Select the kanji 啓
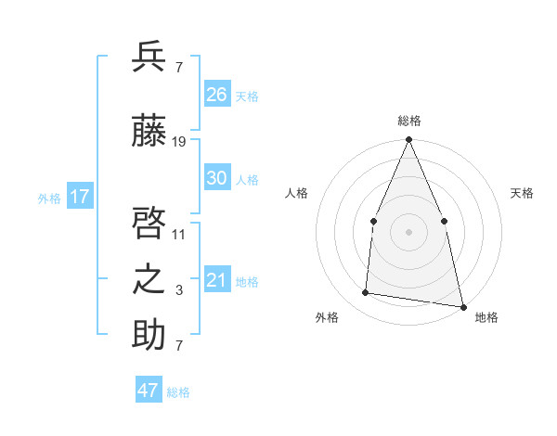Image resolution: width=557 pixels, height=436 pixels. point(149,224)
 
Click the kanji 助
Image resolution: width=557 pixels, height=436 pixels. point(149,335)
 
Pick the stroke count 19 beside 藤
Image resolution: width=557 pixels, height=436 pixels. point(179,142)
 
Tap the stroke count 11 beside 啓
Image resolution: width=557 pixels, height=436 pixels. point(179,235)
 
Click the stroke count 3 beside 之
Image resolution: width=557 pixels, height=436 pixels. point(179,290)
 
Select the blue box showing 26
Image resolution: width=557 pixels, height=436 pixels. point(217,94)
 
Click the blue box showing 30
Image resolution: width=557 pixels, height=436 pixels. point(217,178)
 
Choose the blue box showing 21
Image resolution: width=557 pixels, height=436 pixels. point(217,280)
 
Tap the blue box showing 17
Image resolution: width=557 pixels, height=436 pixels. point(80,197)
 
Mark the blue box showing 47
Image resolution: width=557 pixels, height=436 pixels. point(149,391)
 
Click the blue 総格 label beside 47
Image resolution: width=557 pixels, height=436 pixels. point(178,392)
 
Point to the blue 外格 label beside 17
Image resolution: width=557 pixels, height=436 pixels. point(49,199)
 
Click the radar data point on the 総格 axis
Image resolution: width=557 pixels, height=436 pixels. point(408,140)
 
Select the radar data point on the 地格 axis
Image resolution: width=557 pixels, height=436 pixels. point(462,305)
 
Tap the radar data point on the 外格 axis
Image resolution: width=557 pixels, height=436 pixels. point(366,293)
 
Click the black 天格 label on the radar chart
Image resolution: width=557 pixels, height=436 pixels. point(522,193)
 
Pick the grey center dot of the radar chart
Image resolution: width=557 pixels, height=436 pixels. point(408,231)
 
